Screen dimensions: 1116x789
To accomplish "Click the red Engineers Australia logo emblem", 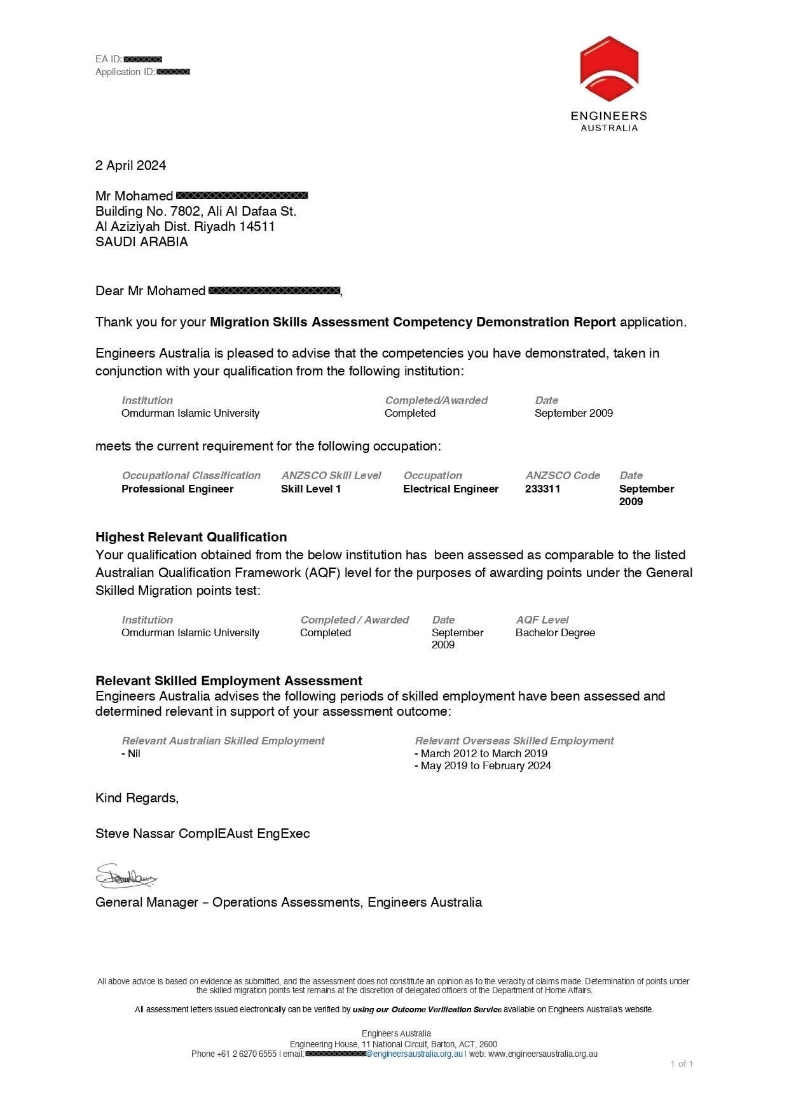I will pos(609,69).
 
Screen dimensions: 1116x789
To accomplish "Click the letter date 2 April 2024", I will pos(130,165).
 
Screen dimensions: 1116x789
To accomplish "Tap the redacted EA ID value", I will pos(142,59).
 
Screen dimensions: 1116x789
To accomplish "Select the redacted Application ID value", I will pos(173,72).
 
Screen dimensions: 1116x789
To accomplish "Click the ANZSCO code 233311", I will pos(542,489).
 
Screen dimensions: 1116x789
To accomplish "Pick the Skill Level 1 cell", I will pos(311,489).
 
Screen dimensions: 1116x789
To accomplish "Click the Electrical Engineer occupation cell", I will pos(451,489).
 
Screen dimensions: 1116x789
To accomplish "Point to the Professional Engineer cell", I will pos(177,489).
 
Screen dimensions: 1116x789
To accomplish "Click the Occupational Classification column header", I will pos(191,475).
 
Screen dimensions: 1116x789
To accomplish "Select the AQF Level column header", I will pos(542,620).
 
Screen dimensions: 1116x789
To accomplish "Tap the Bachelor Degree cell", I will pos(555,632).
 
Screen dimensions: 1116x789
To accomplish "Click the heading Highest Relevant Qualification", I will pos(191,537).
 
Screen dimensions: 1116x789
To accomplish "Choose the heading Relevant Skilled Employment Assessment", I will pos(229,681).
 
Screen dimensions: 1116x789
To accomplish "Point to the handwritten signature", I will pos(126,877).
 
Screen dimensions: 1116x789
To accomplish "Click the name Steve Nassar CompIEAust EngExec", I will pos(202,834).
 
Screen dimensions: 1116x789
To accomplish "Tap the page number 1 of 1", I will pos(682,1064).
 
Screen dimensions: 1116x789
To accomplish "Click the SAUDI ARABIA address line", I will pos(142,242).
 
